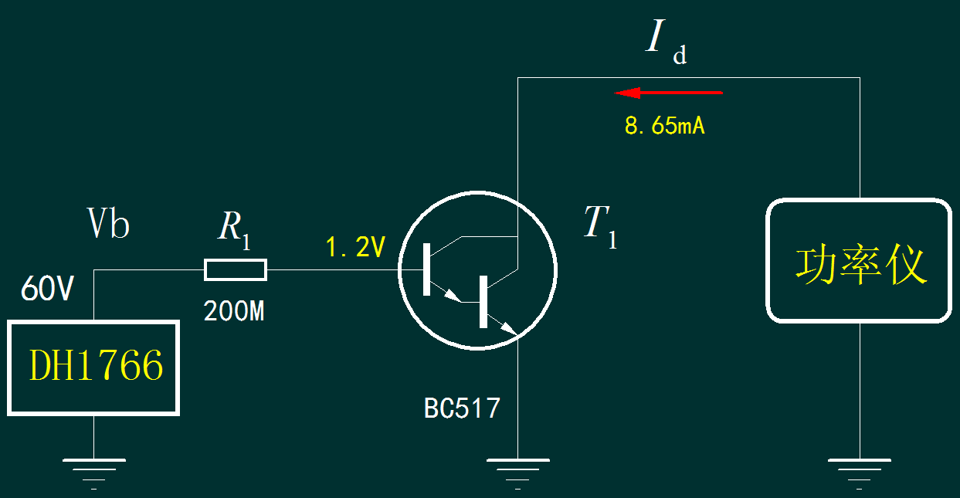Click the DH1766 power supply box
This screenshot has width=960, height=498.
click(x=93, y=368)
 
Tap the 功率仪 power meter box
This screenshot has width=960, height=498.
click(x=859, y=260)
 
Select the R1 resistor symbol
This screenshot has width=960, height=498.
click(x=235, y=269)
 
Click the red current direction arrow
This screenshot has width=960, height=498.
click(x=668, y=93)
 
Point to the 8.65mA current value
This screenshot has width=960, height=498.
click(x=664, y=127)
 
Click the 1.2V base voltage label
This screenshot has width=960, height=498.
click(x=354, y=248)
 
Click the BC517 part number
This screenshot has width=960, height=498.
click(x=462, y=408)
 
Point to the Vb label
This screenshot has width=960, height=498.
click(x=108, y=225)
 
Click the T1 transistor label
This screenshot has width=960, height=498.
click(x=600, y=225)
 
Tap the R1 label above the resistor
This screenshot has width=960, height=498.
click(x=234, y=229)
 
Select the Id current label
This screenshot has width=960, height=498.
click(x=664, y=42)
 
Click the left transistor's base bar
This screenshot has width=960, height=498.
click(x=426, y=269)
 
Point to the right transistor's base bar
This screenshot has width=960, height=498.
click(x=483, y=301)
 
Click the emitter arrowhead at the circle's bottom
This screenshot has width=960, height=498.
click(x=509, y=330)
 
